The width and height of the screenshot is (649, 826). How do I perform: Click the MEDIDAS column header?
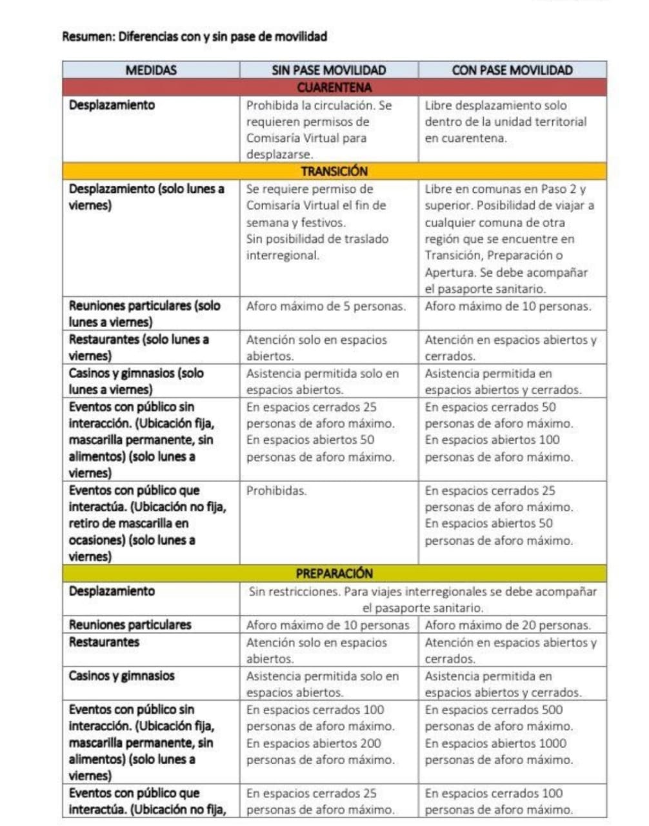point(151,70)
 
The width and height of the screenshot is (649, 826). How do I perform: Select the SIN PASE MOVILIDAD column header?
point(328,70)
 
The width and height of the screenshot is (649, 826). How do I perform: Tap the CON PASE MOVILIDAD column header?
point(512,70)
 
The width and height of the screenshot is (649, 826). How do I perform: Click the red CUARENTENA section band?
point(334,87)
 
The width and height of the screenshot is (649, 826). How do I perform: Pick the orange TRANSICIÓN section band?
point(334,171)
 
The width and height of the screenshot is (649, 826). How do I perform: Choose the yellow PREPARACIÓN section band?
point(334,573)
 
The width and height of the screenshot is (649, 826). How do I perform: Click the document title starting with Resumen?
point(194,36)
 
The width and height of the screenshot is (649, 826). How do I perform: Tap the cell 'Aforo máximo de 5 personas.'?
point(326,306)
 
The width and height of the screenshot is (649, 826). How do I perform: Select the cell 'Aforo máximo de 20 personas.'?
point(508,625)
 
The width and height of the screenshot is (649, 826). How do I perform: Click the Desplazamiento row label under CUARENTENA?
point(112,105)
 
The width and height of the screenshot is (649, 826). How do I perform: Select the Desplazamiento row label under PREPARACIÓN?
point(112,591)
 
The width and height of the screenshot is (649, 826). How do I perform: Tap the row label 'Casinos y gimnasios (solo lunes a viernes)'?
point(136,381)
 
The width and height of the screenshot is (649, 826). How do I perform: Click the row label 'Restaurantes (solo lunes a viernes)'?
point(139,347)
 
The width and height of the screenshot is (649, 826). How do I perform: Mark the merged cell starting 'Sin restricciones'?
point(423,599)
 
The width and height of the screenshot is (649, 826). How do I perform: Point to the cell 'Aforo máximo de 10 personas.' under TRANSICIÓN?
point(508,306)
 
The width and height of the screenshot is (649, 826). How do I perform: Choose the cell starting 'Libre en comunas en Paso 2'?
point(510,239)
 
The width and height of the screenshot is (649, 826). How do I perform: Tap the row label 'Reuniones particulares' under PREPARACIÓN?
point(130,625)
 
